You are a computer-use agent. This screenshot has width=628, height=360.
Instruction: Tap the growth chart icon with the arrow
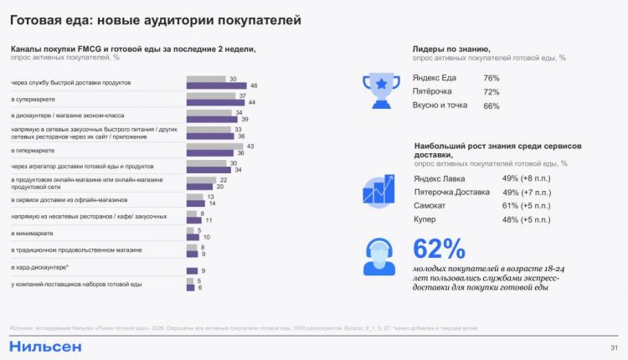point(379,189)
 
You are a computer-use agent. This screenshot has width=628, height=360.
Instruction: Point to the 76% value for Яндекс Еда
point(492,78)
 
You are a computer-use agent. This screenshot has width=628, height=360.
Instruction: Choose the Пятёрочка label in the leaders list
point(433,92)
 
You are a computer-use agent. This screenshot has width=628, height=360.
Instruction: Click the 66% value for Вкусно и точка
point(492,106)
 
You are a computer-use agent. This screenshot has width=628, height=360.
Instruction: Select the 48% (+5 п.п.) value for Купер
point(525,219)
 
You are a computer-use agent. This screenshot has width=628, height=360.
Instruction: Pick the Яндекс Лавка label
point(440,178)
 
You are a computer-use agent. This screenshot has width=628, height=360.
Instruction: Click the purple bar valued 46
point(215,86)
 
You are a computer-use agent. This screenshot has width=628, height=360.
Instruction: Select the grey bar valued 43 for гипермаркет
point(214,147)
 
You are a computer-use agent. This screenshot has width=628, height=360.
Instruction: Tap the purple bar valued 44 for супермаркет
point(214,102)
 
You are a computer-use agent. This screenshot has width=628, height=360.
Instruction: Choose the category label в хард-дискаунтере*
point(41,267)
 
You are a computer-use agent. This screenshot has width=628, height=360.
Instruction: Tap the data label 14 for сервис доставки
point(211,203)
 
